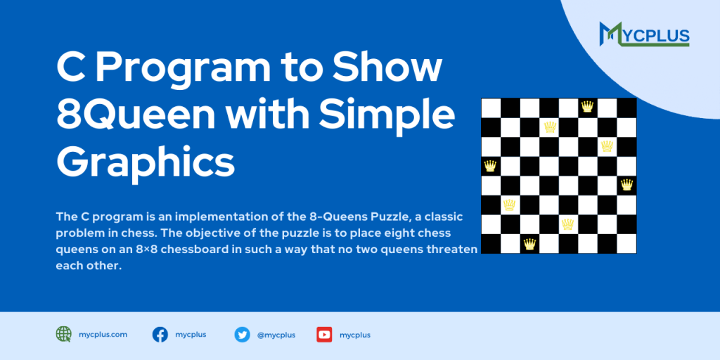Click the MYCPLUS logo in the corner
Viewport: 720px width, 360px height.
point(645,34)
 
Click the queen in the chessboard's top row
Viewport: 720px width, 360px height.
point(587,107)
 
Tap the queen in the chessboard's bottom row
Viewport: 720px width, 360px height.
point(529,244)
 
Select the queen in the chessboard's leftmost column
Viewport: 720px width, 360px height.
point(490,166)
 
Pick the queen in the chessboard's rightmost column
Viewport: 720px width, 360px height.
point(626,185)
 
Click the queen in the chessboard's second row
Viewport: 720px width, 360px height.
point(550,127)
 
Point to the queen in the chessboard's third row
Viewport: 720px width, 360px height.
point(607,146)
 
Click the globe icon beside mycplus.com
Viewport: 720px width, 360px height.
point(64,335)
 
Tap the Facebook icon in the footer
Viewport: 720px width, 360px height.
point(160,335)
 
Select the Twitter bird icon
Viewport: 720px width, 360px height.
point(243,335)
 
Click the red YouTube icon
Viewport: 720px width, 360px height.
point(324,335)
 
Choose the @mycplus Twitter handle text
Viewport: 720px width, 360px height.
point(276,335)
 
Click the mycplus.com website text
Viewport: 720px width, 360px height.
point(103,335)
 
